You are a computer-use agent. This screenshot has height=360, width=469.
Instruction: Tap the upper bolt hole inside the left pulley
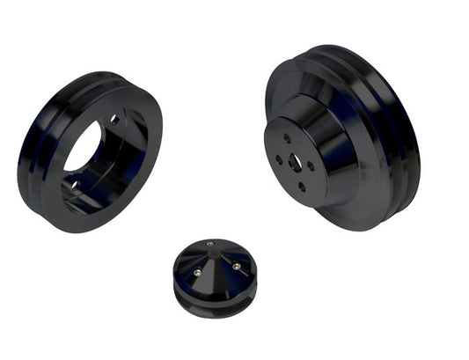tap(114, 120)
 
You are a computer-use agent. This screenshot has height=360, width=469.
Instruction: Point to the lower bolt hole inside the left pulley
tap(76, 185)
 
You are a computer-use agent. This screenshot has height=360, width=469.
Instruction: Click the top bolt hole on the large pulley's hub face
tap(287, 137)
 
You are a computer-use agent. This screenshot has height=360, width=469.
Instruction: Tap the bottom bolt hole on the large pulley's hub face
tap(302, 186)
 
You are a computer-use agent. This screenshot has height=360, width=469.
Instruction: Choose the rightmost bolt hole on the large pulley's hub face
tap(311, 165)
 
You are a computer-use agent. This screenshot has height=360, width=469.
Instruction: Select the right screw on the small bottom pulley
tap(234, 265)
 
